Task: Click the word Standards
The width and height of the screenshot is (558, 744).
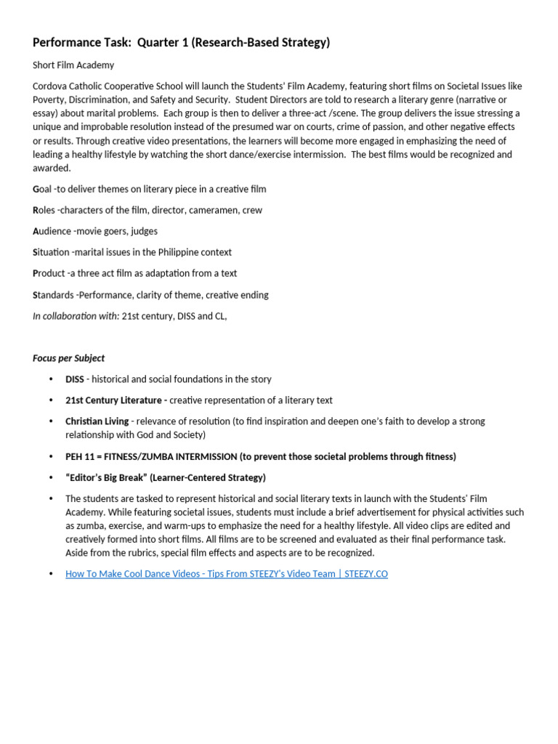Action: tap(54, 295)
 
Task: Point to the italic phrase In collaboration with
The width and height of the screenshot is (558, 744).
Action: tap(76, 316)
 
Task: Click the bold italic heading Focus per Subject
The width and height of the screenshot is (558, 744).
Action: tap(68, 358)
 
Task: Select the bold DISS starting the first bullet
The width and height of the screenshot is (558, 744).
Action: tap(75, 379)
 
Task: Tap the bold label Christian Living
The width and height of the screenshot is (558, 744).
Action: tap(97, 421)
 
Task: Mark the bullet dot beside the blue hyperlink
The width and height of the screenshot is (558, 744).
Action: tap(50, 574)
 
